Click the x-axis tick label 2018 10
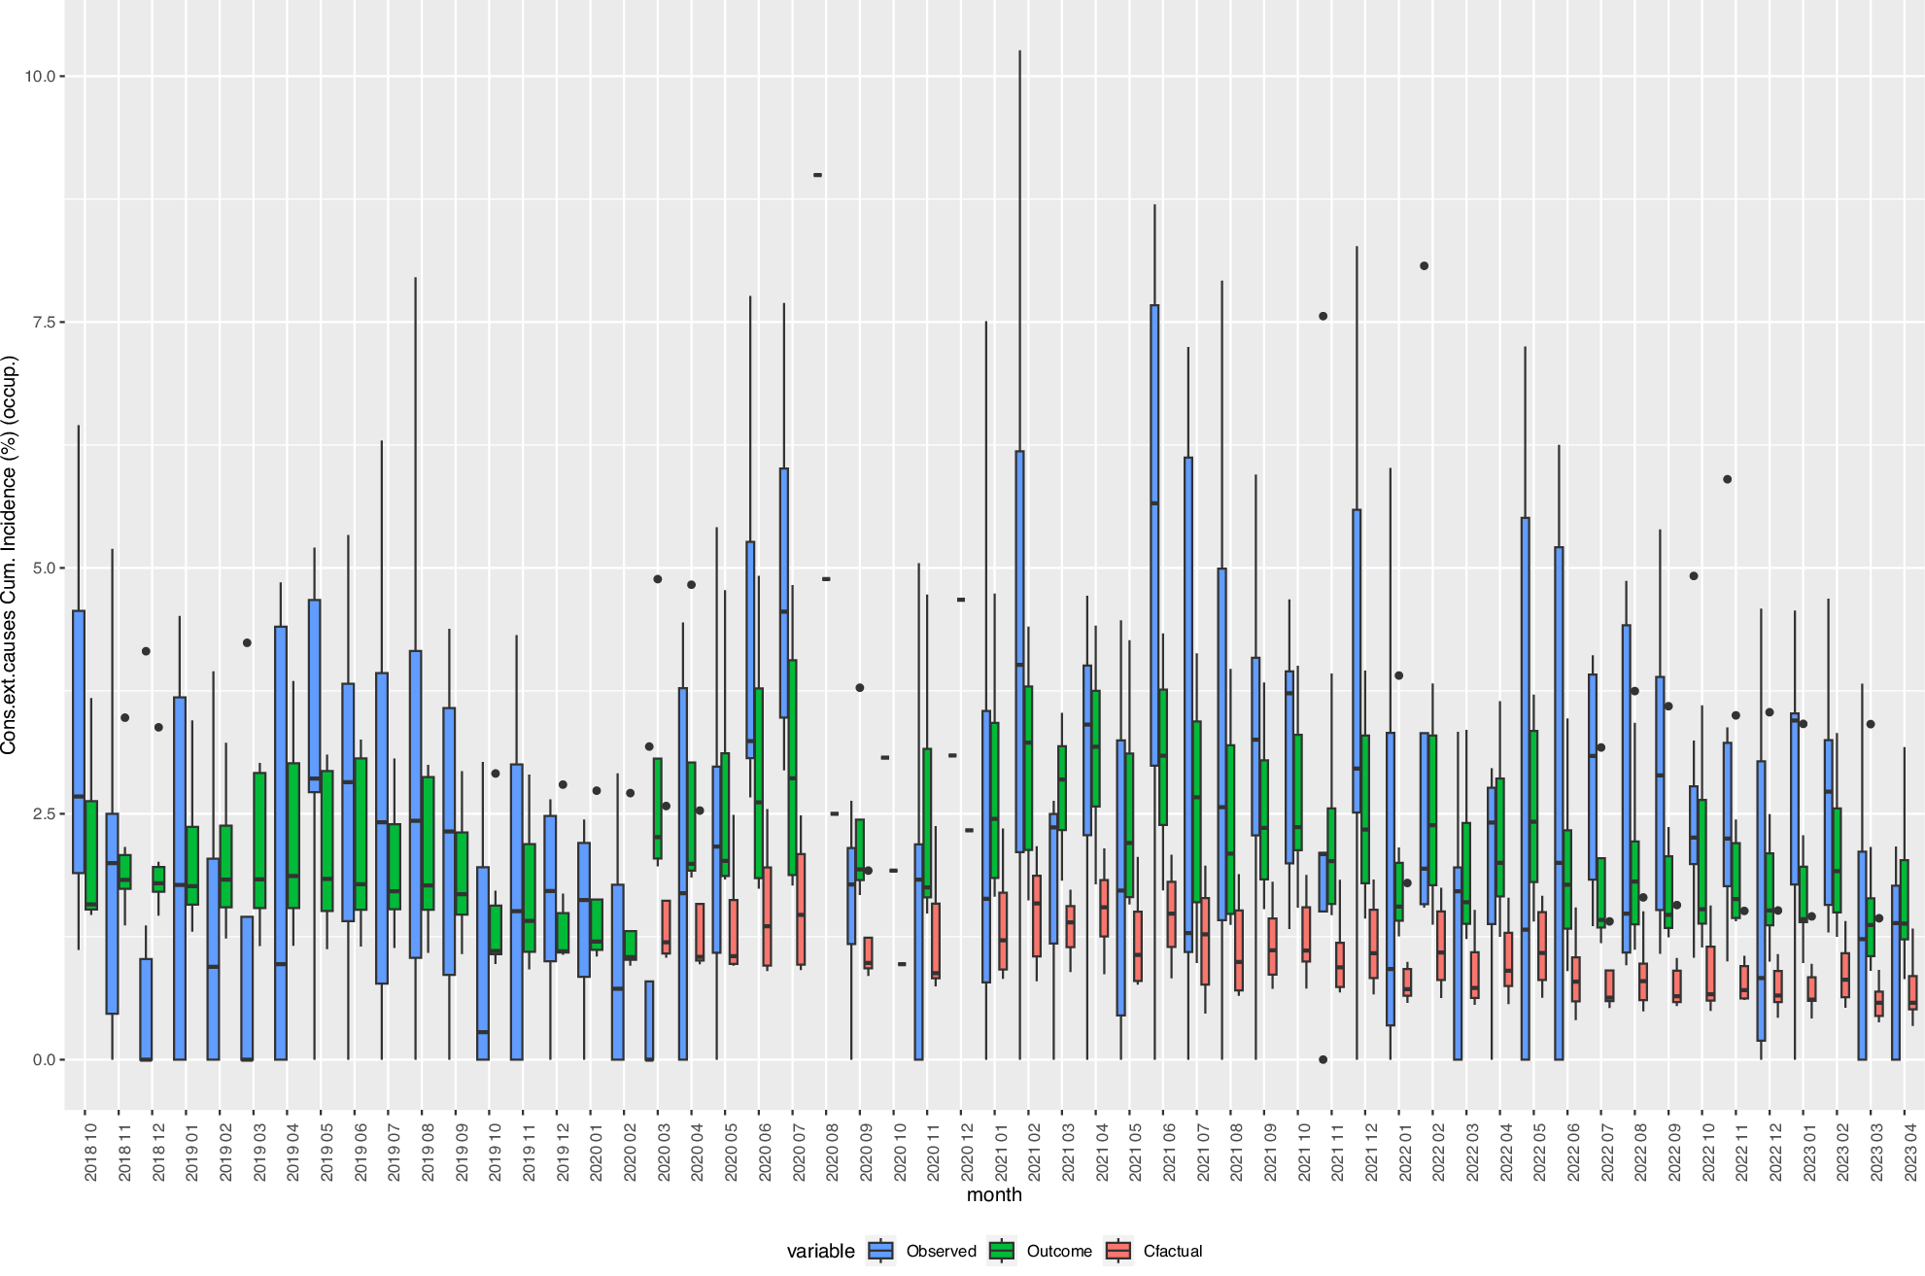(x=91, y=1153)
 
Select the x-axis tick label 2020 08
(x=833, y=1153)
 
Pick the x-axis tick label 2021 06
(x=1170, y=1153)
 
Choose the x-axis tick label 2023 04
(x=1910, y=1153)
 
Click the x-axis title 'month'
(x=994, y=1195)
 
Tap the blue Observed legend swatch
(x=881, y=1251)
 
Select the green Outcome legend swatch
(x=1002, y=1251)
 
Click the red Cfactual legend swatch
(x=1119, y=1251)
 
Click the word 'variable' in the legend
(x=820, y=1252)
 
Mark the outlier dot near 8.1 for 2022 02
(x=1425, y=265)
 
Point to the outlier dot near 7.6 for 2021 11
(x=1323, y=316)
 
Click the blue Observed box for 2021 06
(x=1154, y=535)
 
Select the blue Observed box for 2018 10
(x=79, y=741)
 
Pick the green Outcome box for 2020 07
(x=793, y=768)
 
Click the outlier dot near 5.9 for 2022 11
(x=1728, y=479)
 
